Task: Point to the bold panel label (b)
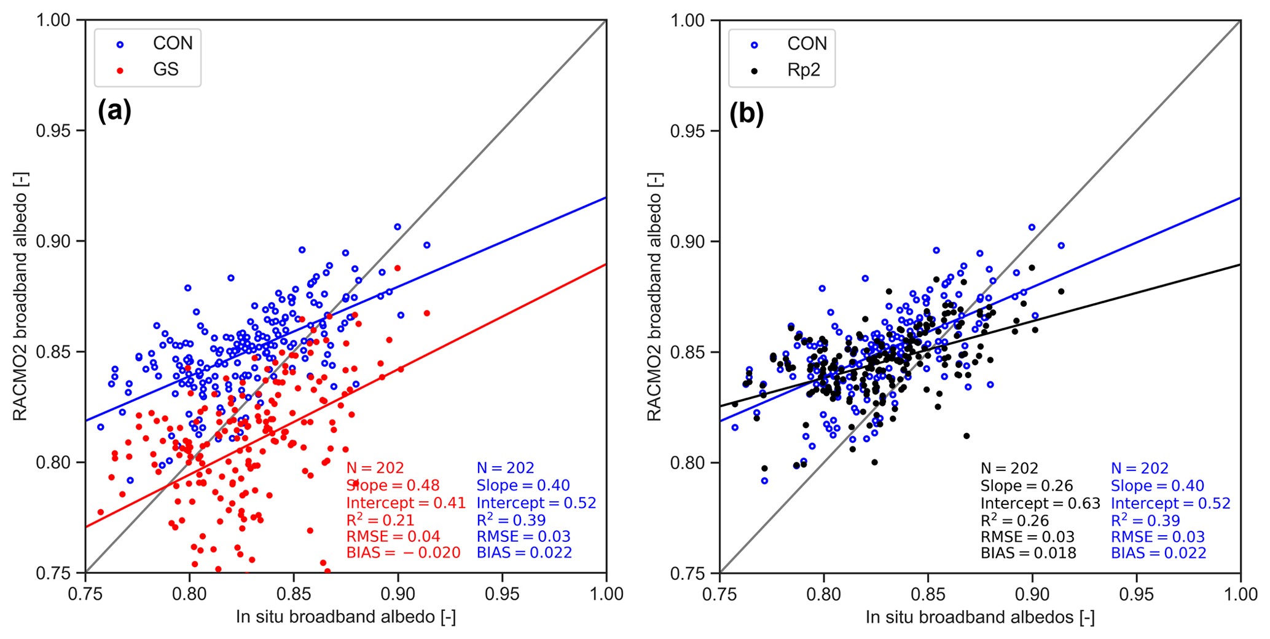pyautogui.click(x=746, y=114)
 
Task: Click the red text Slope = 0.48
pyautogui.click(x=393, y=486)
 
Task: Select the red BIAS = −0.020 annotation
pyautogui.click(x=403, y=553)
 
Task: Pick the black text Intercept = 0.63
pyautogui.click(x=1040, y=504)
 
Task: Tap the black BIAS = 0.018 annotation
pyautogui.click(x=1028, y=553)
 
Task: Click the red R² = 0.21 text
pyautogui.click(x=380, y=520)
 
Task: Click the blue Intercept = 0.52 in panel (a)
pyautogui.click(x=536, y=503)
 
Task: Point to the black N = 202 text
pyautogui.click(x=1009, y=469)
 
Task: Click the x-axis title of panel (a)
pyautogui.click(x=345, y=617)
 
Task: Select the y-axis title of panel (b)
pyautogui.click(x=654, y=296)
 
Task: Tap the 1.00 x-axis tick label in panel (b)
pyautogui.click(x=1240, y=594)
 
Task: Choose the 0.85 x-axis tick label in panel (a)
pyautogui.click(x=293, y=594)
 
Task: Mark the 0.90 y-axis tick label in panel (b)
pyautogui.click(x=688, y=242)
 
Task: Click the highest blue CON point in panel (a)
pyautogui.click(x=398, y=227)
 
